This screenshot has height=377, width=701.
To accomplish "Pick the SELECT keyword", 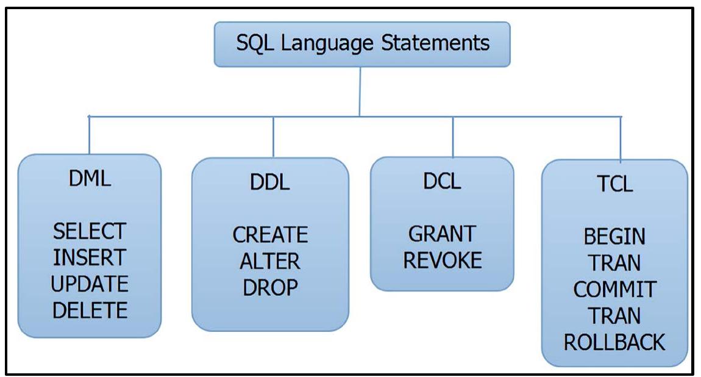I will click(89, 231).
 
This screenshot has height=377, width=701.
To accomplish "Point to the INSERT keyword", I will click(89, 257).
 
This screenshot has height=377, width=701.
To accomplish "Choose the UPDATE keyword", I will click(89, 284).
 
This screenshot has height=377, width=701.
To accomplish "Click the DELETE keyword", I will click(89, 311).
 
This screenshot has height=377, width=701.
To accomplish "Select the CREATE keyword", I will click(270, 234).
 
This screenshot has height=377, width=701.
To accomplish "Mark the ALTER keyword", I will click(270, 261).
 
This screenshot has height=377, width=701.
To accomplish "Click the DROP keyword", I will click(270, 287).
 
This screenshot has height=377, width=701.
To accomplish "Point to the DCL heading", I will click(442, 182).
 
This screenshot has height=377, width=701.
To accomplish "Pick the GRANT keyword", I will click(442, 234).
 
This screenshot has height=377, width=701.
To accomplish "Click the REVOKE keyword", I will click(442, 260).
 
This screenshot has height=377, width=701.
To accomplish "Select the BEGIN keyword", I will click(614, 236).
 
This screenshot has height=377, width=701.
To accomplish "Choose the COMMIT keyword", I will click(614, 289).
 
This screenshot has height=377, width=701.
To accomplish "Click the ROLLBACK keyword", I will click(614, 342).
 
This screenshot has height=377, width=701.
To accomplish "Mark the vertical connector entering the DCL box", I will click(453, 137).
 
